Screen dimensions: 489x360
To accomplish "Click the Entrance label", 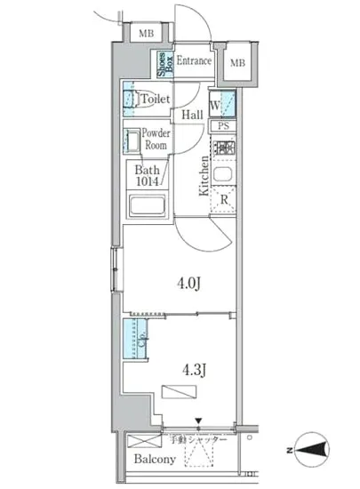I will (194, 61).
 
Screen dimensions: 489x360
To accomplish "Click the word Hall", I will (192, 115).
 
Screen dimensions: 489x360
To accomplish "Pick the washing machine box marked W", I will (221, 105).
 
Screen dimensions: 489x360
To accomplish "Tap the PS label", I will (222, 126).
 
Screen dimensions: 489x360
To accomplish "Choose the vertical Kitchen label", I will (204, 176).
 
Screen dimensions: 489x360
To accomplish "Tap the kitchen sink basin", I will (223, 172).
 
